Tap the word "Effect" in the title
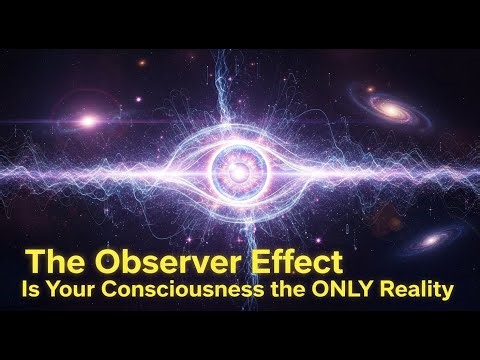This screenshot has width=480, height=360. [299, 262]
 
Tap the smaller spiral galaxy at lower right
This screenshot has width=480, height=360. [432, 240]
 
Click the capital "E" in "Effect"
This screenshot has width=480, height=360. [260, 262]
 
